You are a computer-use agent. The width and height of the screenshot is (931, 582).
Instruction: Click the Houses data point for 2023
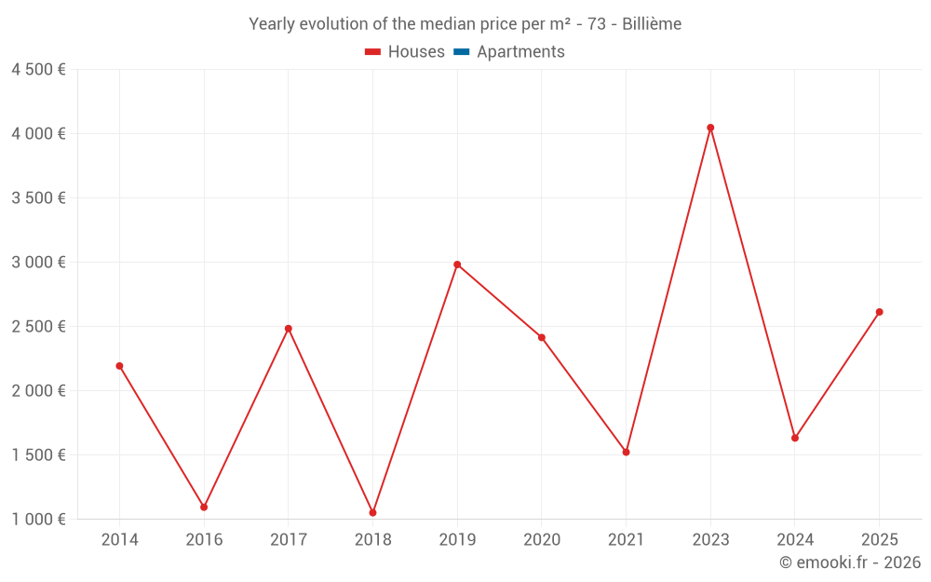click(710, 128)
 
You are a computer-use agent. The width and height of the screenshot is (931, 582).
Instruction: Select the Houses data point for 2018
click(372, 512)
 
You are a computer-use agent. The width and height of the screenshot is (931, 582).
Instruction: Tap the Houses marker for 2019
click(457, 264)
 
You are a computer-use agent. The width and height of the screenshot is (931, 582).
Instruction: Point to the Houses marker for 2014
click(119, 366)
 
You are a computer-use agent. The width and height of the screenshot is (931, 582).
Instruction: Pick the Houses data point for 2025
click(879, 312)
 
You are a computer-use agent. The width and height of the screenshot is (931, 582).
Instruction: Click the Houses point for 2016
click(204, 507)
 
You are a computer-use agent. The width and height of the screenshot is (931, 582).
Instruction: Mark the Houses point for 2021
click(626, 452)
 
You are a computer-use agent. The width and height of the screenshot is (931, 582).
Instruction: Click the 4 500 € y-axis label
click(38, 70)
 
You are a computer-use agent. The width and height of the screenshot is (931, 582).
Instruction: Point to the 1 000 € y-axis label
click(38, 519)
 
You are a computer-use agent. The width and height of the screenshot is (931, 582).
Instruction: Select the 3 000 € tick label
click(38, 263)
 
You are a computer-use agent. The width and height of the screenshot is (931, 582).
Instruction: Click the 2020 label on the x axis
click(542, 539)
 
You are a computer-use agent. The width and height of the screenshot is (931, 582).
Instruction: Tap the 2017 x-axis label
click(289, 539)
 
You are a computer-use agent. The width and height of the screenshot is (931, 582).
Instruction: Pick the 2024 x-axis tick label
click(795, 539)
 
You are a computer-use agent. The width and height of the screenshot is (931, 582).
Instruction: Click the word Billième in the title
click(652, 24)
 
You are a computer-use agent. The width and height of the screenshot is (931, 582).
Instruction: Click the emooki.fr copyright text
click(849, 562)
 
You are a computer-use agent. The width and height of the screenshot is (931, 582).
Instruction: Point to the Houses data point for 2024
click(795, 438)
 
